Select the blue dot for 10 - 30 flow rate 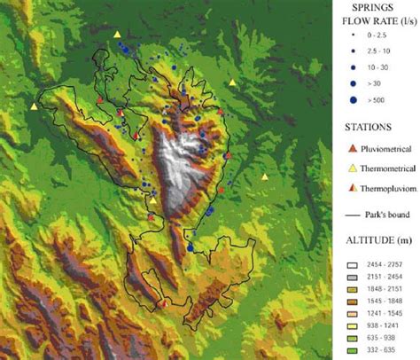pos(352,67)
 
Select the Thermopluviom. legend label pos(389,187)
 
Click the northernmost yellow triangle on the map pos(118,35)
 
